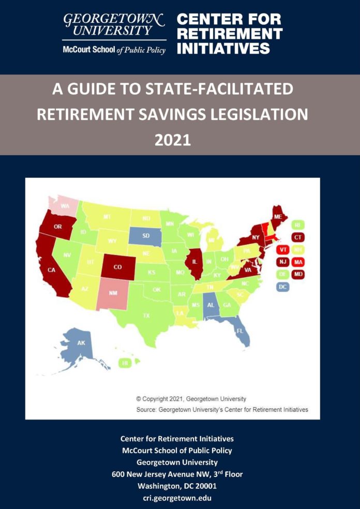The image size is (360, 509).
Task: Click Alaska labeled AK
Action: [81, 343]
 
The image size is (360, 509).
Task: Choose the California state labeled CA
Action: [52, 269]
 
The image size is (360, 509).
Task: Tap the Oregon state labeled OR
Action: [57, 227]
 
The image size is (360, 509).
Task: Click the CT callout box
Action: [297, 237]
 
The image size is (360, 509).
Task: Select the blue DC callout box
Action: [282, 286]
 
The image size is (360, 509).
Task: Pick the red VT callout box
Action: [282, 249]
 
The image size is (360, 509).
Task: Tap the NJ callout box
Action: [282, 262]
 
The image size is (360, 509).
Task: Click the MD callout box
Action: [297, 274]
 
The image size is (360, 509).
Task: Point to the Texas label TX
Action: [146, 315]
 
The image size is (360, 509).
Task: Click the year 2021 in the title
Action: [173, 140]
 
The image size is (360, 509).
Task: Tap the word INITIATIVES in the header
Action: [223, 49]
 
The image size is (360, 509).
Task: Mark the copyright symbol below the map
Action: [139, 399]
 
